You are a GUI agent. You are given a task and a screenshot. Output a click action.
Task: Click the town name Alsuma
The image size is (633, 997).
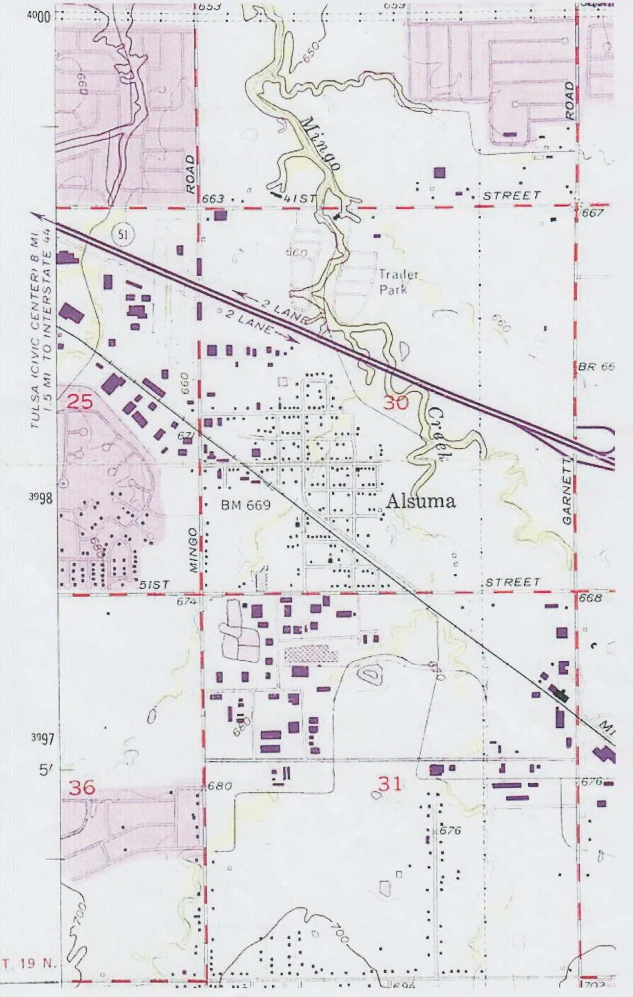[421, 501]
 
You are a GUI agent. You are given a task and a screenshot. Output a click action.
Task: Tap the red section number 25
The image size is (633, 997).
[79, 401]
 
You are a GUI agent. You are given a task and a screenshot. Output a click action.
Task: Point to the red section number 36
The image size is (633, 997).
[82, 787]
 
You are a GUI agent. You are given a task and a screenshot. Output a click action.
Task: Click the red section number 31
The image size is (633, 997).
[390, 783]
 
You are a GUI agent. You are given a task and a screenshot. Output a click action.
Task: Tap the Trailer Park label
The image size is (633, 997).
[399, 282]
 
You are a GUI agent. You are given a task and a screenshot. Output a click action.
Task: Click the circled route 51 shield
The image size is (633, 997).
[121, 234]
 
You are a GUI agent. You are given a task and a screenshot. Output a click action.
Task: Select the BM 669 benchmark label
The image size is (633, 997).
[245, 505]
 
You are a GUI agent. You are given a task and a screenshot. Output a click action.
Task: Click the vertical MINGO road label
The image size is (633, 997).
[193, 550]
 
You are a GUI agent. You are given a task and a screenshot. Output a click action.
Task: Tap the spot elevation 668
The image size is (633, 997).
[590, 598]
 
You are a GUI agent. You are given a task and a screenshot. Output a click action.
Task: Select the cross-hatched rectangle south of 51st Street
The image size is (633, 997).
[311, 654]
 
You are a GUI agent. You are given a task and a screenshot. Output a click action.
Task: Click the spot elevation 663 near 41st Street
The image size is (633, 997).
[213, 199]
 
